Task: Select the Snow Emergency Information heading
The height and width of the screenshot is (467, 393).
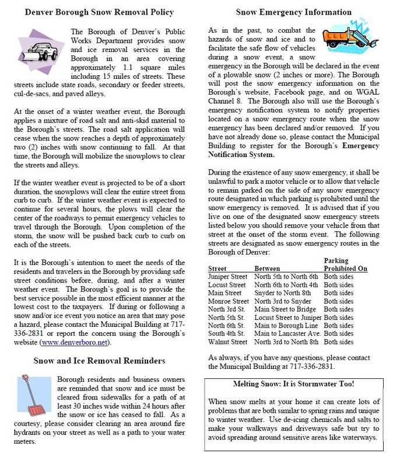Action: (x=293, y=12)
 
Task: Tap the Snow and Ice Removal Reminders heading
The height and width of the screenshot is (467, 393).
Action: (x=99, y=360)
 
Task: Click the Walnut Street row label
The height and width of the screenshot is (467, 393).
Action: (x=227, y=341)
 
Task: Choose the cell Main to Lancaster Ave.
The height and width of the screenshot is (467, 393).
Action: (x=287, y=333)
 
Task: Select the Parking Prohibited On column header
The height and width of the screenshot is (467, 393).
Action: (x=345, y=264)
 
